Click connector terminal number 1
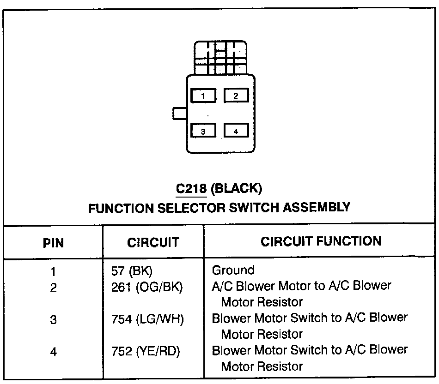pos(203,96)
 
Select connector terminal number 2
pos(236,96)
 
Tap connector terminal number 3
pos(203,131)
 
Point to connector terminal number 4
pos(236,131)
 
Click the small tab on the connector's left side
pos(179,113)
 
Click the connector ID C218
pos(190,188)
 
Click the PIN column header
pos(54,242)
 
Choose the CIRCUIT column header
pos(152,242)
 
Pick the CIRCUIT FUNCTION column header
pos(321,241)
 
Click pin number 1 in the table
pos(54,271)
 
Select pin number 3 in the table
pos(54,319)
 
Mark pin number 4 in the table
pos(54,352)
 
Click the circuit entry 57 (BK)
pos(132,271)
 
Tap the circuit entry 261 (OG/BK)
pos(147,287)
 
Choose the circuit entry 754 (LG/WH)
pos(147,319)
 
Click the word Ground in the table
pos(233,270)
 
